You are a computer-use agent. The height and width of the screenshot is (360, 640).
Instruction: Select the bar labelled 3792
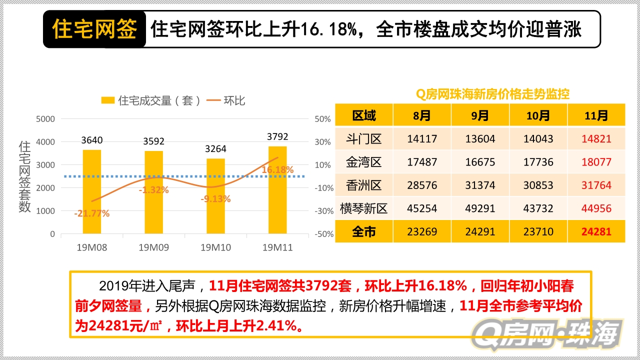tap(277, 190)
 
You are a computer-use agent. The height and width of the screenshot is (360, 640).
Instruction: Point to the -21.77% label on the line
tap(92, 213)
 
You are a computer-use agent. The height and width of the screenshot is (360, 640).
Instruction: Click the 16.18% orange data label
tap(277, 170)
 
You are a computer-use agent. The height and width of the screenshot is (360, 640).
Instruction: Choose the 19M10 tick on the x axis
tap(215, 247)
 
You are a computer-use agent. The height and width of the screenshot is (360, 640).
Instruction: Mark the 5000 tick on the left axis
tap(45, 119)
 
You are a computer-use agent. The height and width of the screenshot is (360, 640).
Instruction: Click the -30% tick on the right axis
tap(323, 211)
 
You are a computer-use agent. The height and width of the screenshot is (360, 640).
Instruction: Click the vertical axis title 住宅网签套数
tap(25, 176)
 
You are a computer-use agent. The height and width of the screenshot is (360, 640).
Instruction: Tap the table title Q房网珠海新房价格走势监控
tap(492, 94)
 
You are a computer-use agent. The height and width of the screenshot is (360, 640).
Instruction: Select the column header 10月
tap(538, 115)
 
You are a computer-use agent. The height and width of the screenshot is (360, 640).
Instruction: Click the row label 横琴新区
tap(363, 208)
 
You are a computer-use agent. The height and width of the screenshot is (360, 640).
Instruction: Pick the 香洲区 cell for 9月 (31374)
tap(479, 185)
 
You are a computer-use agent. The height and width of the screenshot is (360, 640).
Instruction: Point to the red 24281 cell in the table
tap(596, 231)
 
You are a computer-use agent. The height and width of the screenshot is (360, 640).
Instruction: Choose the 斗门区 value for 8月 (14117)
tap(421, 139)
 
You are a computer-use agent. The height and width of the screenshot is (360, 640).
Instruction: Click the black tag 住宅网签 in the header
tap(94, 29)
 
